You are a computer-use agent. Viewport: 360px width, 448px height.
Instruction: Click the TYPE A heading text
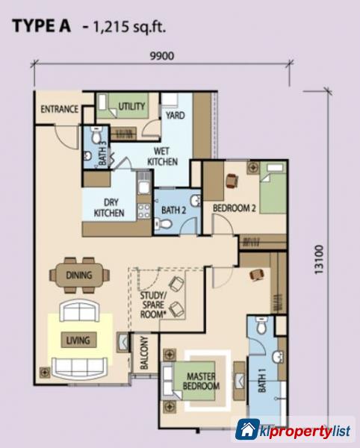coord(44,28)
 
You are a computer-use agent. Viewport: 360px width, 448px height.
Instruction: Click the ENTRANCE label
coord(59,109)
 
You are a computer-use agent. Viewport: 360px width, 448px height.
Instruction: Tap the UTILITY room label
coord(132,108)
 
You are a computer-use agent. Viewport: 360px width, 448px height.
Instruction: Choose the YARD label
coord(176,116)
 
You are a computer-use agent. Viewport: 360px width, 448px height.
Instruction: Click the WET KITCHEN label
coord(161,155)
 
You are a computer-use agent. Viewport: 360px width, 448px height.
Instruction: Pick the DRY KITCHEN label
coord(109,207)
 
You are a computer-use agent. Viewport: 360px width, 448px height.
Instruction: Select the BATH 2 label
coord(173,210)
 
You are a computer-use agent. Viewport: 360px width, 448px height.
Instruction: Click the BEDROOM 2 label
coord(235,208)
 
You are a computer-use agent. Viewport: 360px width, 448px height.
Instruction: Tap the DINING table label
coord(78,276)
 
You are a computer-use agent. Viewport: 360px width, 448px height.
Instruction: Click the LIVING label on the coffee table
coord(77,340)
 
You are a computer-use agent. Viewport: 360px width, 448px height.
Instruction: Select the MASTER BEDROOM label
coord(202,381)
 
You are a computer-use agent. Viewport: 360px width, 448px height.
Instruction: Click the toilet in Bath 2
coord(193,201)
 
